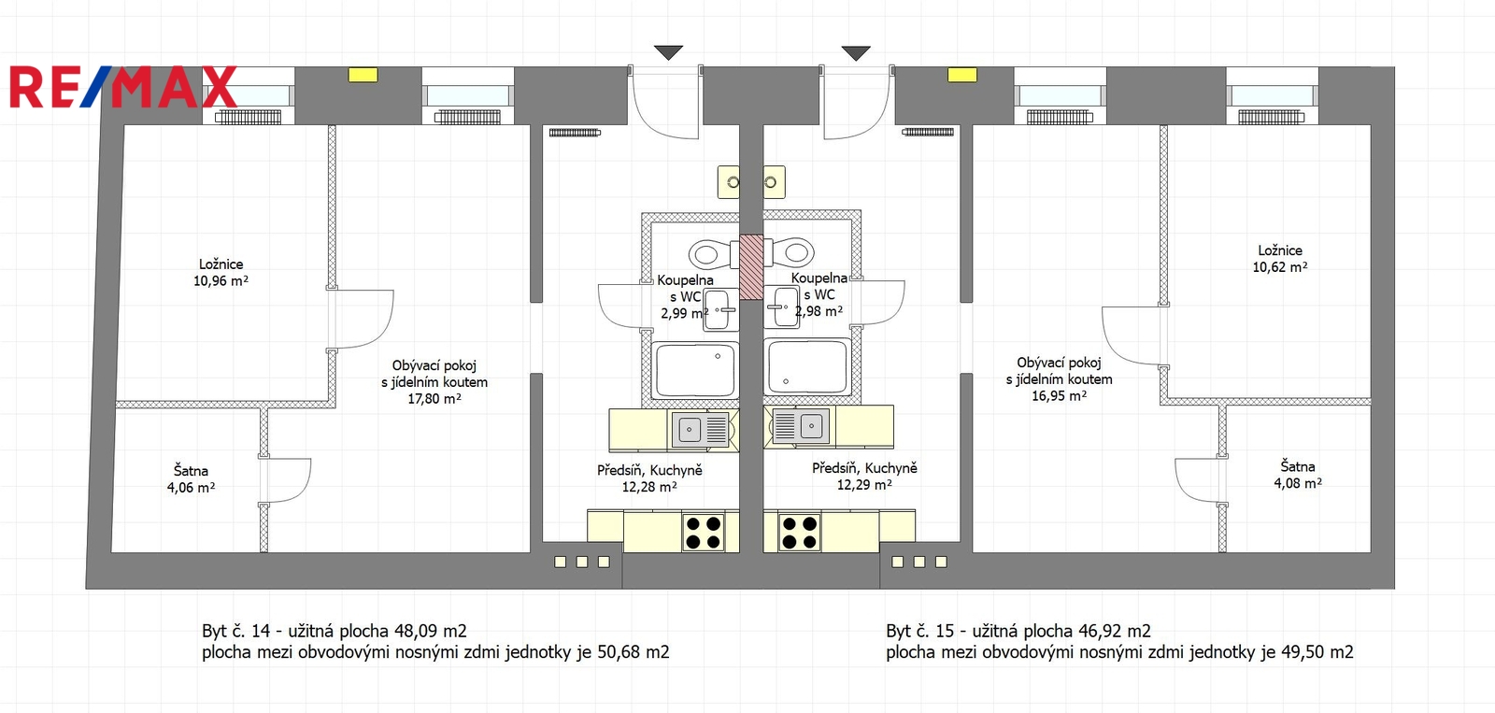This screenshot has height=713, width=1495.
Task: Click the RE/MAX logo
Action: [123, 87]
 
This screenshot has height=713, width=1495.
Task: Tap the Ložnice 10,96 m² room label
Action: [221, 272]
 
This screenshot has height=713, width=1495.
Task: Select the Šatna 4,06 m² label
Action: [191, 478]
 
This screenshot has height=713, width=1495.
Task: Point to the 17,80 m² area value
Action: [434, 399]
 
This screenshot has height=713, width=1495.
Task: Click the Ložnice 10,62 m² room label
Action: [1279, 258]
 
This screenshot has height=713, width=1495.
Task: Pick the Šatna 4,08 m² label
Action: [1298, 475]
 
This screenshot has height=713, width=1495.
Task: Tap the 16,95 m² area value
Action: [1060, 395]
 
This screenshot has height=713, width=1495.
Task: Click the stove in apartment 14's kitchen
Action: [704, 532]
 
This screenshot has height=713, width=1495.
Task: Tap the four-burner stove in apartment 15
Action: [800, 532]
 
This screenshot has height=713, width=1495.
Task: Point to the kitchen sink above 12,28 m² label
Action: [700, 428]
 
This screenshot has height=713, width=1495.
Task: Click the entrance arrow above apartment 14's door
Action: [668, 52]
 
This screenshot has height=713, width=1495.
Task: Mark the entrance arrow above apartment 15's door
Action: [856, 52]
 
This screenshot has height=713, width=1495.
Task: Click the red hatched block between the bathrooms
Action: [751, 266]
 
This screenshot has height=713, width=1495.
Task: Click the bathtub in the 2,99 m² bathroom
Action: [695, 371]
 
